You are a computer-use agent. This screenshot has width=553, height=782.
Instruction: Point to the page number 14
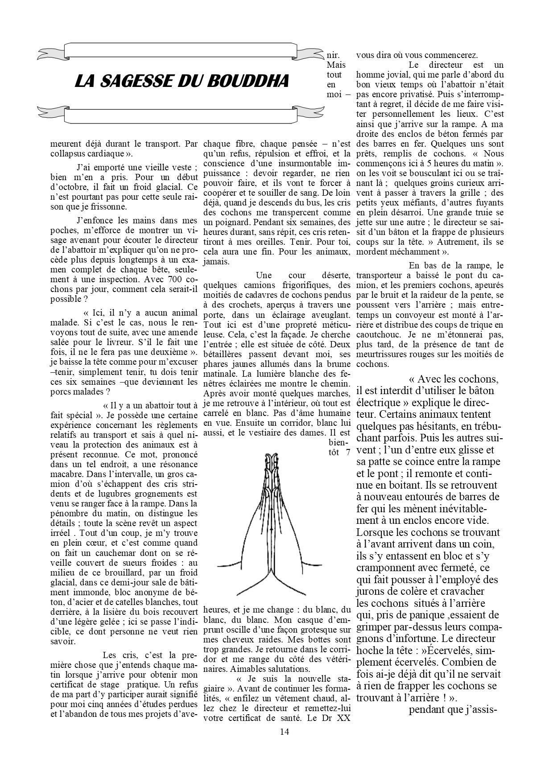click(x=285, y=731)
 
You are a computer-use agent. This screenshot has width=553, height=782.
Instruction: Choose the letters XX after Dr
click(x=342, y=718)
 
